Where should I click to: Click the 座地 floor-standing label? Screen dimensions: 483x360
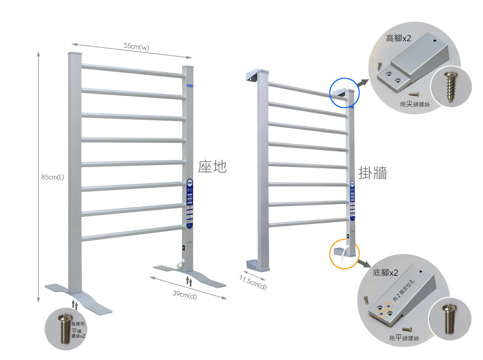tap(212, 166)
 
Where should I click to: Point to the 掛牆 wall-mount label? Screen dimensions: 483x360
tap(373, 173)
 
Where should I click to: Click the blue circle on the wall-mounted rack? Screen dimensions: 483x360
tap(344, 93)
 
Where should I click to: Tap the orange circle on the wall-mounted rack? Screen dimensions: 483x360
tap(345, 254)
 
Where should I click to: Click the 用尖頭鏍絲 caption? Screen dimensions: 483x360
tap(415, 104)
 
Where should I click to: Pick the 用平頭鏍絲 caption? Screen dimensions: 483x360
tap(404, 338)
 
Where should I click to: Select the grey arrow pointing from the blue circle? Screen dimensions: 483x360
tap(363, 82)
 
